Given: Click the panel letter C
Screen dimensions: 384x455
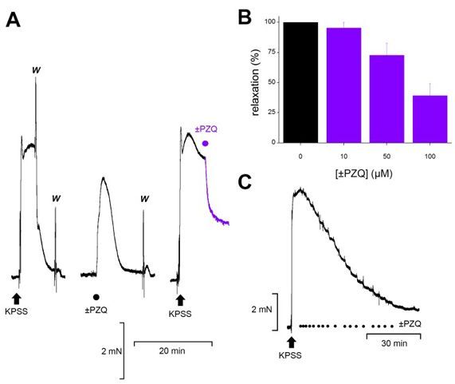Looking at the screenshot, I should [x=249, y=182].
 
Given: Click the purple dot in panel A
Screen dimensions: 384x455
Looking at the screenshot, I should [x=206, y=144].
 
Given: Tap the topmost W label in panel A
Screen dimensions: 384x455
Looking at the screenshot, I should [x=36, y=69].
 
